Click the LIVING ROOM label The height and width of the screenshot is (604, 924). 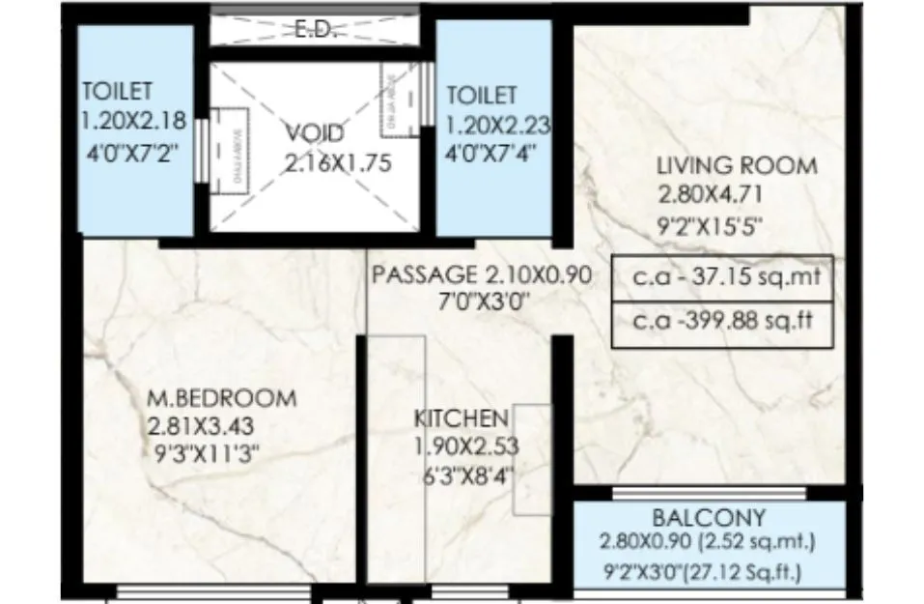737,165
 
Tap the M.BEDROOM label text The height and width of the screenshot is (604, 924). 222,398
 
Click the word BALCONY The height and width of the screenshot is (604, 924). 709,517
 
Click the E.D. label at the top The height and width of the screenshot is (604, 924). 314,30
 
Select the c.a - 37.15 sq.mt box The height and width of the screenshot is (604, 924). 721,278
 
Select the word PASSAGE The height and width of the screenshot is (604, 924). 424,274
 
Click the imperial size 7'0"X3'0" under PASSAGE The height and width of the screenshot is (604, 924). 483,301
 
